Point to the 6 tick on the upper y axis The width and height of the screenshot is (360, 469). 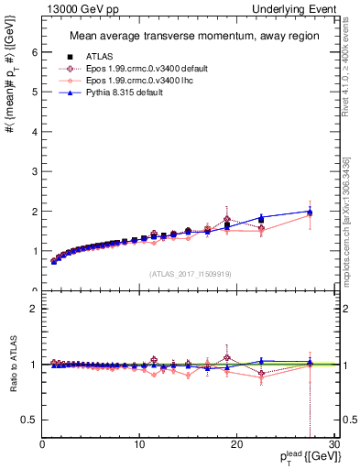(34, 53)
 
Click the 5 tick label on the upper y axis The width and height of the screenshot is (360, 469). (34, 93)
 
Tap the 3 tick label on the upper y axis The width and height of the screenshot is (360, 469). (34, 171)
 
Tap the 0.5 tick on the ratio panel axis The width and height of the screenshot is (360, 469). (30, 420)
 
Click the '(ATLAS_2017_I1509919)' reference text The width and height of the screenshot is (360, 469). (189, 272)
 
